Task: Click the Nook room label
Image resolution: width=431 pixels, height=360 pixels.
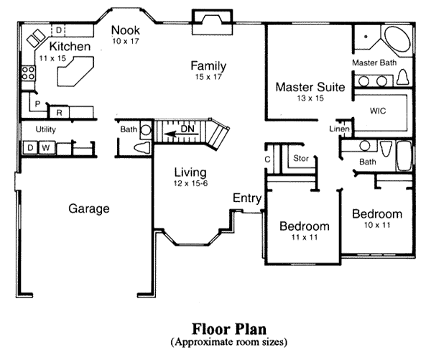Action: click(126, 30)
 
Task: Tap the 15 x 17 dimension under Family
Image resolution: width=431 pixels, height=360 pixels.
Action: click(208, 77)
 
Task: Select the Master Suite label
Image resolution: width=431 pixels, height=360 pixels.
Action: click(310, 87)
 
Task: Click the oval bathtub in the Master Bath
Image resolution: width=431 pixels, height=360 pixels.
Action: click(397, 39)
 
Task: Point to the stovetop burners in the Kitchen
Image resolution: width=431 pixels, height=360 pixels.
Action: click(28, 73)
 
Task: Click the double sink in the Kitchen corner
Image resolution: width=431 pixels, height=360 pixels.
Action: click(36, 38)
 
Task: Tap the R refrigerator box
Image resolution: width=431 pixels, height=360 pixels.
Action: click(59, 112)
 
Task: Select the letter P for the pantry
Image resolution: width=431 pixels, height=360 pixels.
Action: click(37, 104)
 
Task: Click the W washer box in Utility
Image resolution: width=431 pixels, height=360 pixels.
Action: click(46, 148)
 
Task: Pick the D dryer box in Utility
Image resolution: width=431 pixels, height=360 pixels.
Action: click(30, 148)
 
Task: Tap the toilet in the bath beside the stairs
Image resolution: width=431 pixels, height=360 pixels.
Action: click(142, 148)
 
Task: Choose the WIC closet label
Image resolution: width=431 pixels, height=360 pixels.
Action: click(378, 111)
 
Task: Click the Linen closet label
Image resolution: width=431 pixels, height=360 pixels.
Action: click(340, 129)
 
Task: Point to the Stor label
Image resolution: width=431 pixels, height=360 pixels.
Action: click(301, 158)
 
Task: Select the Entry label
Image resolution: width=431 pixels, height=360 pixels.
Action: click(247, 198)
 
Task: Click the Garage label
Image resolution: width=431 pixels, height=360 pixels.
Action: click(89, 208)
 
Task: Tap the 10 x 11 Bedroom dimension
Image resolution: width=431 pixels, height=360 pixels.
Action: click(377, 225)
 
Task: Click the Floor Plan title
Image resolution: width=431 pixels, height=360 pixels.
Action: click(229, 329)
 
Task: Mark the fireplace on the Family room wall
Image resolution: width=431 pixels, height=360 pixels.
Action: click(212, 22)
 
